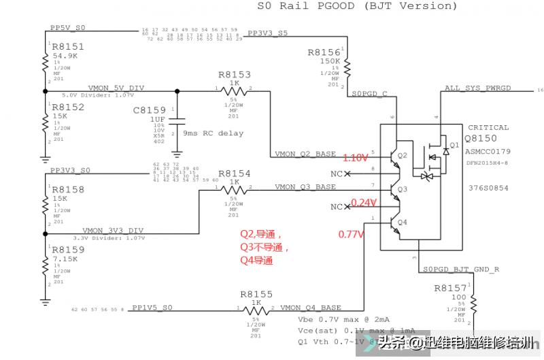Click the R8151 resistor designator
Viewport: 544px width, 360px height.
click(68, 46)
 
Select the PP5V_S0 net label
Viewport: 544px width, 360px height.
click(67, 28)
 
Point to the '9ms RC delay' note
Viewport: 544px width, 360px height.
click(213, 133)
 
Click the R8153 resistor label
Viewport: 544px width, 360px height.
click(235, 75)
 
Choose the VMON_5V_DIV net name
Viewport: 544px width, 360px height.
click(116, 88)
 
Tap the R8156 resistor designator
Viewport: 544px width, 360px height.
click(324, 52)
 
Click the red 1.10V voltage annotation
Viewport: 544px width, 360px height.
click(354, 157)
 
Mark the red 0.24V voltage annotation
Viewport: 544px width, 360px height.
click(364, 202)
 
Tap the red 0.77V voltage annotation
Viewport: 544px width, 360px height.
click(352, 235)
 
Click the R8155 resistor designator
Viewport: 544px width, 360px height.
click(256, 295)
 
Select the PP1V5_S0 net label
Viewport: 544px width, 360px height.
click(152, 308)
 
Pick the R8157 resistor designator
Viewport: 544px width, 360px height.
click(451, 288)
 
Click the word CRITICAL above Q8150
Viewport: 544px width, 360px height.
click(488, 127)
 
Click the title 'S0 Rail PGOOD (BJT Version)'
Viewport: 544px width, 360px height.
click(356, 6)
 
